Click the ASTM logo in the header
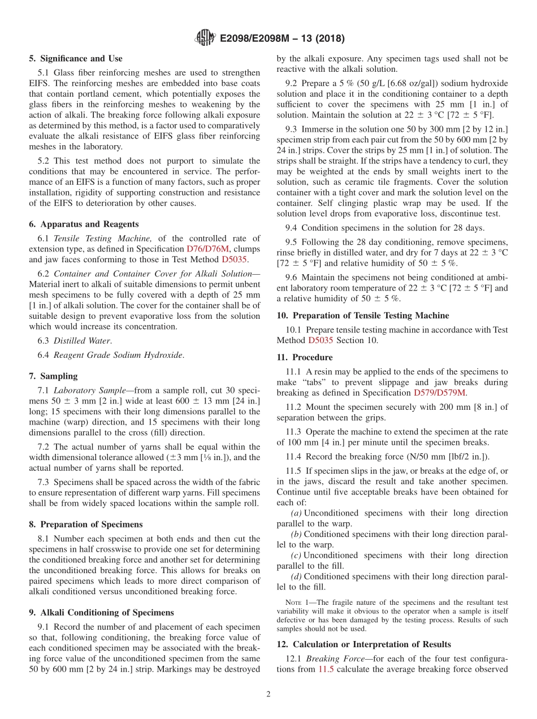coord(205,38)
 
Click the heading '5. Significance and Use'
coord(75,58)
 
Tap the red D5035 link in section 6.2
coord(234,260)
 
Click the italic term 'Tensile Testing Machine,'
coord(102,239)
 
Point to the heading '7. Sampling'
coord(53,376)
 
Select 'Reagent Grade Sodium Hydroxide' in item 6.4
coord(118,355)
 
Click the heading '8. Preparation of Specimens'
coord(86,525)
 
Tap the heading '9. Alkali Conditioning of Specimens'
coord(101,612)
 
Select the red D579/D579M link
coord(440,393)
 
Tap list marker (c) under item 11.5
coord(296,555)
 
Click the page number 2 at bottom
coord(268,694)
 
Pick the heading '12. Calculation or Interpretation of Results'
coord(363,644)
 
